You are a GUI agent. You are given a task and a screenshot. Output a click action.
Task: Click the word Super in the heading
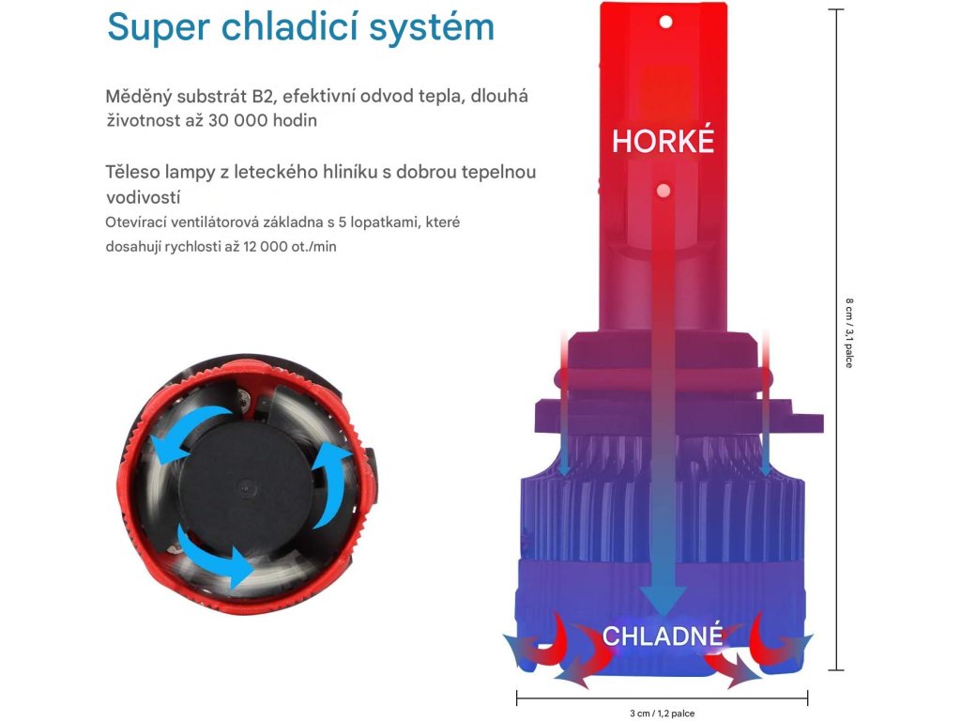pyautogui.click(x=158, y=27)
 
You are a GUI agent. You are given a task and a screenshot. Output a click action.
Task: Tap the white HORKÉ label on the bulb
pyautogui.click(x=663, y=141)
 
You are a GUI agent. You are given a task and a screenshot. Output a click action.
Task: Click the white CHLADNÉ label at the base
pyautogui.click(x=663, y=636)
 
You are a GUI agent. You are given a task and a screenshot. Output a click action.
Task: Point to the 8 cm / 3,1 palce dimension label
pyautogui.click(x=848, y=333)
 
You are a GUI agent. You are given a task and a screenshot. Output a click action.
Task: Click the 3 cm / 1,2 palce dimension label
pyautogui.click(x=662, y=713)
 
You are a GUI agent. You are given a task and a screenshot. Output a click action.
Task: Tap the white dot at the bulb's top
pyautogui.click(x=665, y=23)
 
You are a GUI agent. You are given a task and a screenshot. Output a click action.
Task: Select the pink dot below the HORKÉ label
pyautogui.click(x=663, y=191)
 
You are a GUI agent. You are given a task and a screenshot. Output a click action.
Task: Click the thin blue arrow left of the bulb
pyautogui.click(x=564, y=405)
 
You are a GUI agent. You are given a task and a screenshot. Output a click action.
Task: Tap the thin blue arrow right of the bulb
pyautogui.click(x=766, y=405)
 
